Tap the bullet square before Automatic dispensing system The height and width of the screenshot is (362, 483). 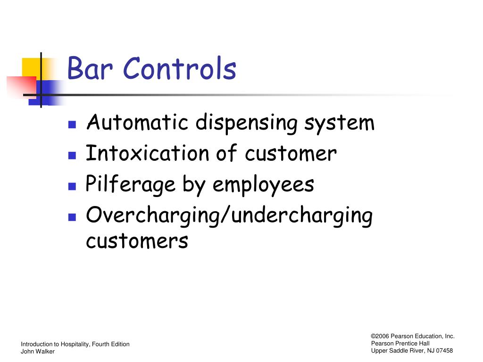click(72, 125)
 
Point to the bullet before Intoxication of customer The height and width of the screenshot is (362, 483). click(72, 155)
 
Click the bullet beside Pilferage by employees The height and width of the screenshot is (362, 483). click(72, 186)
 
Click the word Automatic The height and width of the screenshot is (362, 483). click(138, 123)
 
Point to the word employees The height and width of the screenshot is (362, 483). click(263, 185)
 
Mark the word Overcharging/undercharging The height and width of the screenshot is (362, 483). click(229, 216)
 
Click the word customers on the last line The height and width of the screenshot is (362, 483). click(137, 241)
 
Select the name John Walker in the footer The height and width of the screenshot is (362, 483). click(38, 352)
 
